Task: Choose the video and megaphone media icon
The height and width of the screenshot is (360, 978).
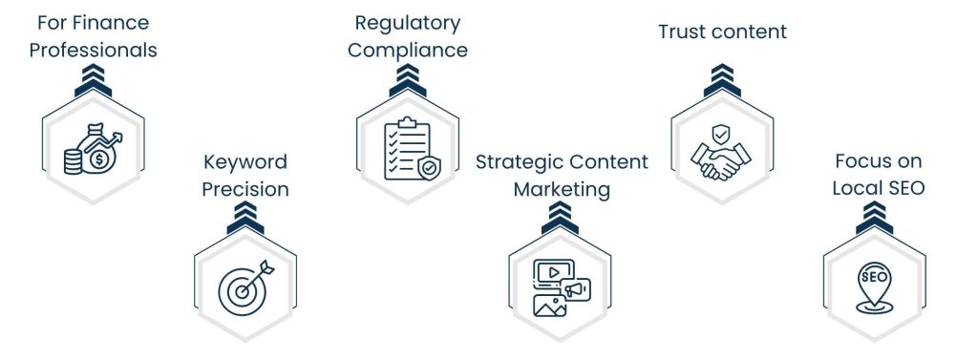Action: coord(561,286)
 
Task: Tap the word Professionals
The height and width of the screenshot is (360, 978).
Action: coord(93,50)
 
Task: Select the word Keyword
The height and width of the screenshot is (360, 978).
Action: coord(245,162)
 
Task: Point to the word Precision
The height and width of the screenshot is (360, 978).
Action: coord(245,189)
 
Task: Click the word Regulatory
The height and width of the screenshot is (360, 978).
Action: coord(408,23)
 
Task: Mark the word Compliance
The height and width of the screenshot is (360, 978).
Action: coord(408,50)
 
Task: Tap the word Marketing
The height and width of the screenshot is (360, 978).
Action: coord(562,189)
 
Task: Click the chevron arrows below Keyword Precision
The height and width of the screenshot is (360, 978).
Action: coord(245,221)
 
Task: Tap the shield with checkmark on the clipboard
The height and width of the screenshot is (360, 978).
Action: coord(429,168)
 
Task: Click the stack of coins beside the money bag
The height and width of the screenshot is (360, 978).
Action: coord(73,160)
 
